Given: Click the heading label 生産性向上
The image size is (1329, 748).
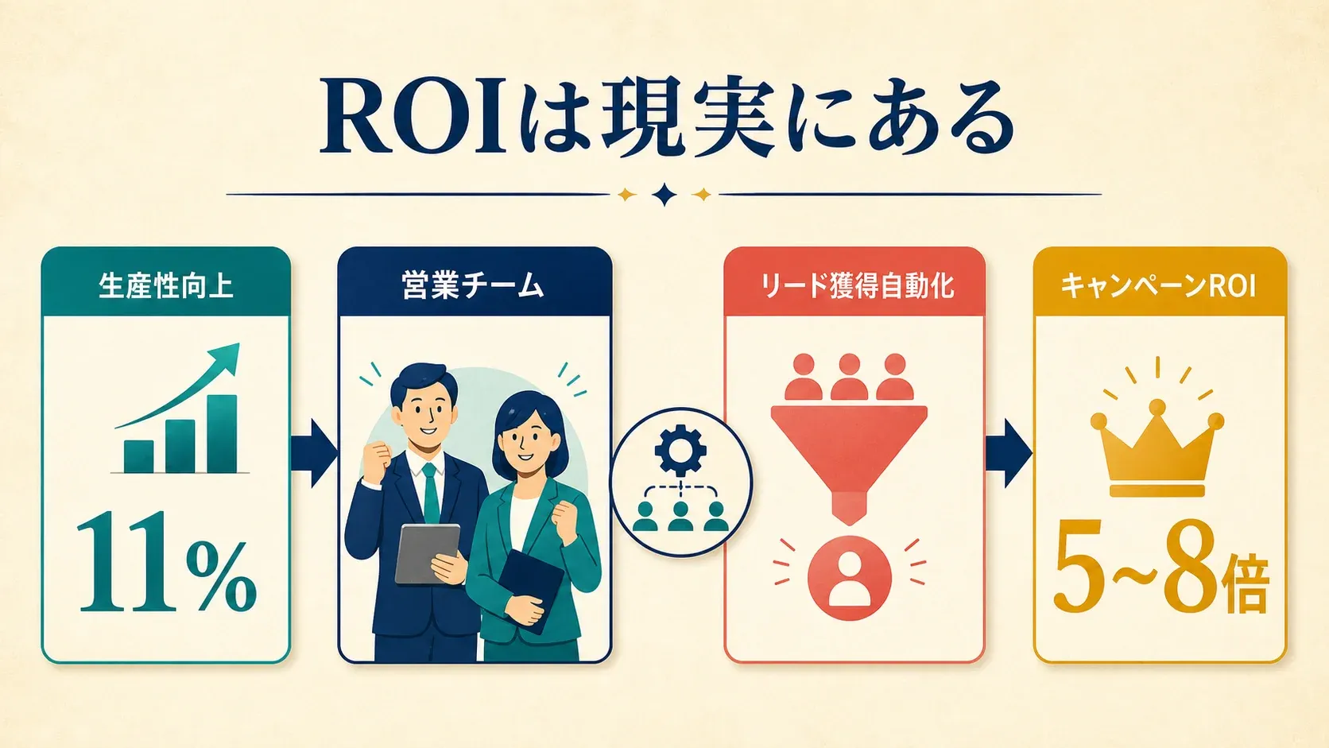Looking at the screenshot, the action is click(x=165, y=286).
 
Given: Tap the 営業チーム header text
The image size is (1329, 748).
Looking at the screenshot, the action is click(x=473, y=286).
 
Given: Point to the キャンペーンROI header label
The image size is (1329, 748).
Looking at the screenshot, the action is click(x=1159, y=286).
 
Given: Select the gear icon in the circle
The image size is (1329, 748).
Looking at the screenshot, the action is click(x=680, y=450).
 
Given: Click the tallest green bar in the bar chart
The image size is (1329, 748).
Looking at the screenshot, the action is click(x=223, y=433).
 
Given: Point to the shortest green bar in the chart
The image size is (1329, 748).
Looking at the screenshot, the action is click(x=139, y=456).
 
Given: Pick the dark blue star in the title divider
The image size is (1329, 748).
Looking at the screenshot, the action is click(x=664, y=195).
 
